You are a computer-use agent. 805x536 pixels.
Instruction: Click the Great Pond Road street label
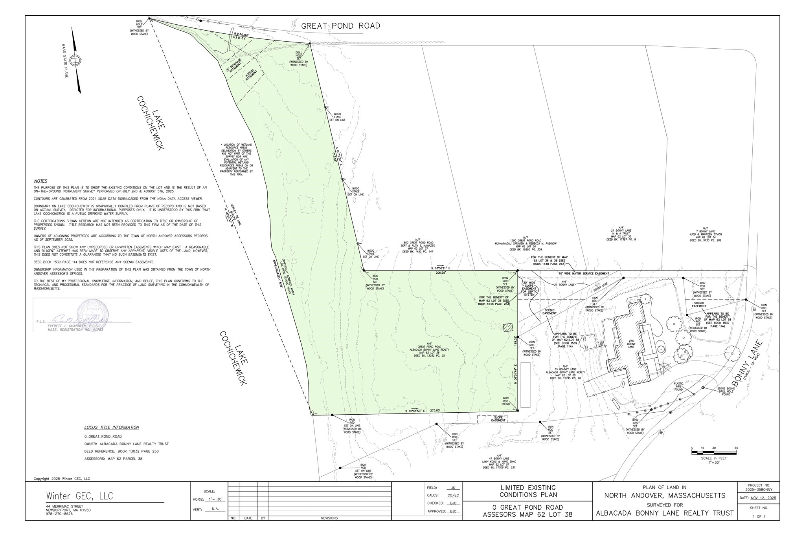point(340,26)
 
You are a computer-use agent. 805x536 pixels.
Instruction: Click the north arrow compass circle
point(75,60)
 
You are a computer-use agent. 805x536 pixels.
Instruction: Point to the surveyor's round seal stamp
point(93,315)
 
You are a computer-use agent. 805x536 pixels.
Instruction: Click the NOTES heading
point(40,181)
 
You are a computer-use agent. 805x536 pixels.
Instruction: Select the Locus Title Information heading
point(111,427)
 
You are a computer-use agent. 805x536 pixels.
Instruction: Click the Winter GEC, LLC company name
point(79,496)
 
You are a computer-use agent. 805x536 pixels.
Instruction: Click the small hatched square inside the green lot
point(508,327)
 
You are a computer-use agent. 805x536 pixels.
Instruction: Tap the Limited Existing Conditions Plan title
point(527,491)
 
